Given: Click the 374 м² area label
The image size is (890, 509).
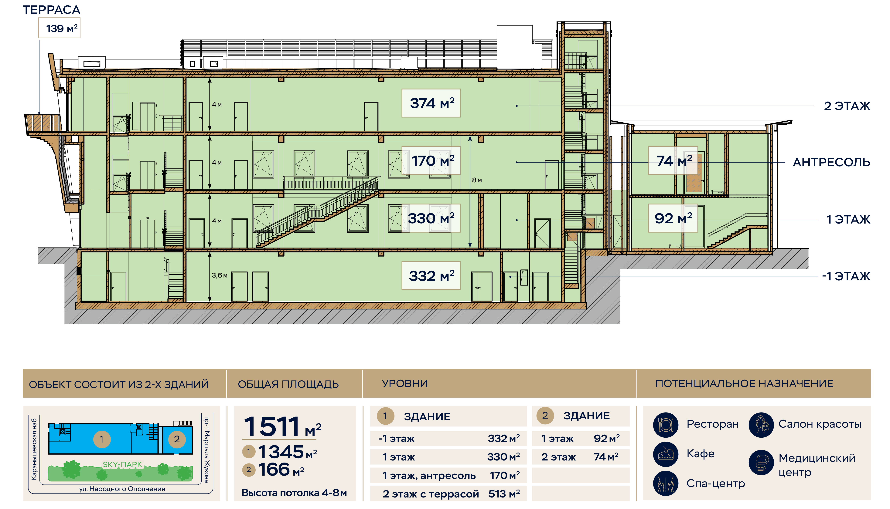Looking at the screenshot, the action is tap(431, 103).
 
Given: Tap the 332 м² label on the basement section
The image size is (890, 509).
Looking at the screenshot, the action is tap(431, 276).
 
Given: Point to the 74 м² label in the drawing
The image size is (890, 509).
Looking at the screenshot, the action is tap(673, 161).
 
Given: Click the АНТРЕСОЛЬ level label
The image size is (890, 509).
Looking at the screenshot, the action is tap(831, 163).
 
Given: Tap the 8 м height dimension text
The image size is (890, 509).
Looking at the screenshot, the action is tap(477, 180).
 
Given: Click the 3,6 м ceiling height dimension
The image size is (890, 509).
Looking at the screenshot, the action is tap(219, 275).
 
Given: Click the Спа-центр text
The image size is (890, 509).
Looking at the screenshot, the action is tap(715, 484).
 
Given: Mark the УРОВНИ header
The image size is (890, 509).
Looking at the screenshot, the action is tap(405, 383).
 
